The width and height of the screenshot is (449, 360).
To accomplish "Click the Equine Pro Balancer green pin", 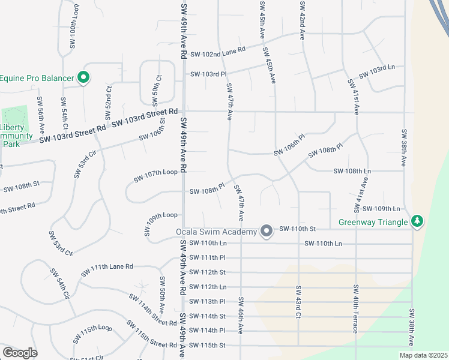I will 84,77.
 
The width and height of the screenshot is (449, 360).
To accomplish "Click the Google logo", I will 20,353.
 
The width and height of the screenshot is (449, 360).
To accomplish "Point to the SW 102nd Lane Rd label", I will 218,54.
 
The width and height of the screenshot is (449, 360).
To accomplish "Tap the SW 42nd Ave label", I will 302,21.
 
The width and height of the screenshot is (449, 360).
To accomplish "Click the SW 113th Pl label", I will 207,301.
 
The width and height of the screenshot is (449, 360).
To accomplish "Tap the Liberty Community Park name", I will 16,136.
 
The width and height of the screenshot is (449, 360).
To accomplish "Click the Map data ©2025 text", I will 423,355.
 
